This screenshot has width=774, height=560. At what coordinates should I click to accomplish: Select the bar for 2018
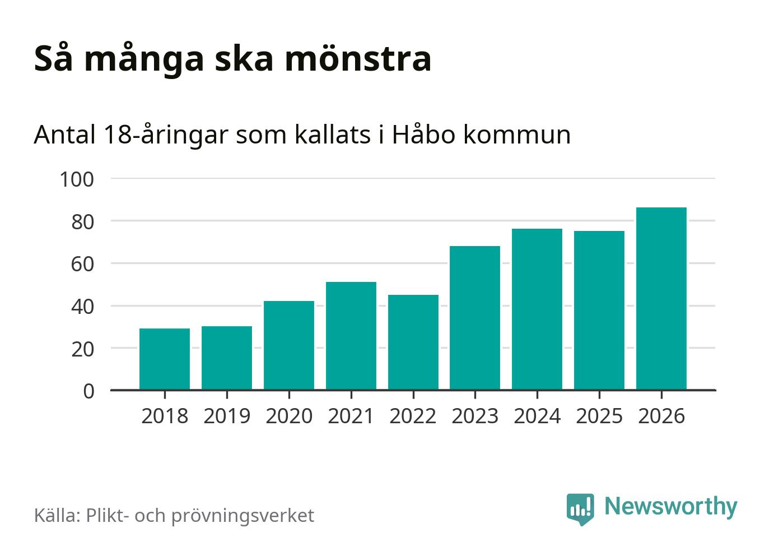(x=165, y=359)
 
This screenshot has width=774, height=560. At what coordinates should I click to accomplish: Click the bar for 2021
(x=351, y=336)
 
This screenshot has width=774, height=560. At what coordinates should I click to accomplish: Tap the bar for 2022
(x=413, y=342)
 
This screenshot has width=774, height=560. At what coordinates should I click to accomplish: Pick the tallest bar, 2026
(x=661, y=298)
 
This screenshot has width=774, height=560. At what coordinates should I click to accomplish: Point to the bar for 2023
(x=475, y=318)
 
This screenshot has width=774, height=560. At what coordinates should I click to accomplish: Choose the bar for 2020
(x=289, y=345)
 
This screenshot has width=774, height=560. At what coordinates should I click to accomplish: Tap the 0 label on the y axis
(x=89, y=391)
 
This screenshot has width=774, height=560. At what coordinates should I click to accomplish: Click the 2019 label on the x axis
(x=227, y=416)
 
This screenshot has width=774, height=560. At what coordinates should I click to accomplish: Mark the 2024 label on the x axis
(x=537, y=416)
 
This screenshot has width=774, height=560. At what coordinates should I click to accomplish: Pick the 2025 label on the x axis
(x=599, y=416)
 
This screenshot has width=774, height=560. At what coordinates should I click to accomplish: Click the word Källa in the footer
(x=57, y=515)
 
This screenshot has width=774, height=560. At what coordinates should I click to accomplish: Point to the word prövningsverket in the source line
(x=243, y=516)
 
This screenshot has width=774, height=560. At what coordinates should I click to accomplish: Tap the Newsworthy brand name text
(x=671, y=506)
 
